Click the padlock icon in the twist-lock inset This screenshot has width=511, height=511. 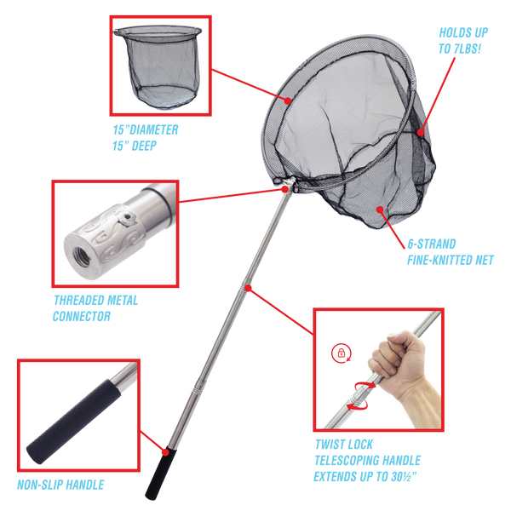(342, 353)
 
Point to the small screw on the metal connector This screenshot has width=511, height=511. (128, 217)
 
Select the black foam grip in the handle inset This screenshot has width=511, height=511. (72, 422)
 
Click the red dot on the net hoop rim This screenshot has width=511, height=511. (288, 100)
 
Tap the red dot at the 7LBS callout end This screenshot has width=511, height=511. (421, 132)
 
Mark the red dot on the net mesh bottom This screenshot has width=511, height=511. (380, 209)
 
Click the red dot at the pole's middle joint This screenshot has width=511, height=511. (249, 288)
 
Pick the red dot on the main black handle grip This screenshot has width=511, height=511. (165, 452)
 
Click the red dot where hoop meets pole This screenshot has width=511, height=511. (284, 189)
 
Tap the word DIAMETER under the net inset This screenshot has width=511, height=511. (154, 129)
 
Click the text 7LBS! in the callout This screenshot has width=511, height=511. (467, 49)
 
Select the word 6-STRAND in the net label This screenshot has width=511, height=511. (432, 244)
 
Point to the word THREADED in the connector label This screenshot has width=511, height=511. (77, 300)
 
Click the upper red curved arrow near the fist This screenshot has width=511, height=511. (365, 386)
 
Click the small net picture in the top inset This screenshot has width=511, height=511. (158, 66)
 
